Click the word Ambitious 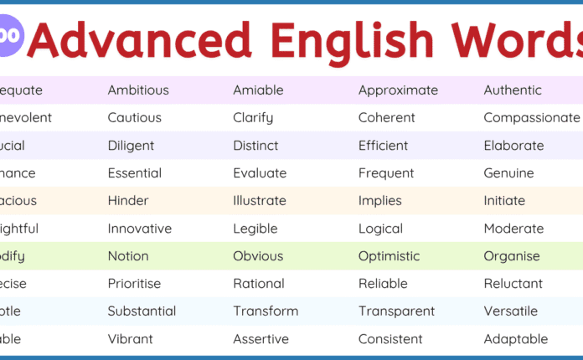138,90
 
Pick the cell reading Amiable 258,90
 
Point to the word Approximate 398,90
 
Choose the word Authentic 513,90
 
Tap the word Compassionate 531,118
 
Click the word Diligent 131,146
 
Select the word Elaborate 513,146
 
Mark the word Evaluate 260,173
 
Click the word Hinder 128,201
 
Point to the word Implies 380,201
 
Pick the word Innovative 139,229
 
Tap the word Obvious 258,256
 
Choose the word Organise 512,256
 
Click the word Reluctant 513,284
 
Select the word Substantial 142,311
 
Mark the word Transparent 396,311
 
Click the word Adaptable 515,339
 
